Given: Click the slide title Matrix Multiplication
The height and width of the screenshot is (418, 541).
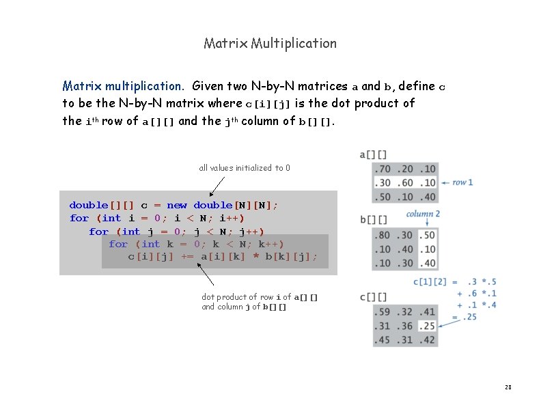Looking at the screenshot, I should (x=270, y=43).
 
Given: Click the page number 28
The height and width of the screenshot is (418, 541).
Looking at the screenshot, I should (x=508, y=387).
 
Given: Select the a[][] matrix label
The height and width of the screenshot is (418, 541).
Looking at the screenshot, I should (x=373, y=155).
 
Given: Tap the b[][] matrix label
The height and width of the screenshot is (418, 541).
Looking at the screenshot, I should (x=373, y=220).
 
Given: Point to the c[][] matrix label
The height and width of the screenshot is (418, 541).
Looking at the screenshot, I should (x=373, y=297).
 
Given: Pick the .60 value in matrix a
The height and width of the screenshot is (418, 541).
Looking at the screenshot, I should (x=405, y=182).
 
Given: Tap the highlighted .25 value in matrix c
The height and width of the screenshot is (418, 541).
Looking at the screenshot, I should (x=428, y=326).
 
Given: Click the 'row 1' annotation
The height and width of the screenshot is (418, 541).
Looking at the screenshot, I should (x=462, y=182).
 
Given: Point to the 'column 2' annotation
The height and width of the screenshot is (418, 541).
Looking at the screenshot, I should (x=423, y=214).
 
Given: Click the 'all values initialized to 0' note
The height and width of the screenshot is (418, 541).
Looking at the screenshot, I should (x=244, y=168).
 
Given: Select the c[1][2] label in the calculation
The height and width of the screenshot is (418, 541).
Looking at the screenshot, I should (x=430, y=281).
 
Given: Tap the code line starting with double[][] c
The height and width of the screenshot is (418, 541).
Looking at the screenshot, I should (x=174, y=205).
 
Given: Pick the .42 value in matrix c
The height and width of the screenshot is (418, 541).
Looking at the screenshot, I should (x=428, y=340).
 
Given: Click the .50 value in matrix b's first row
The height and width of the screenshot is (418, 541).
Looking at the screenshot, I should (x=428, y=235).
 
